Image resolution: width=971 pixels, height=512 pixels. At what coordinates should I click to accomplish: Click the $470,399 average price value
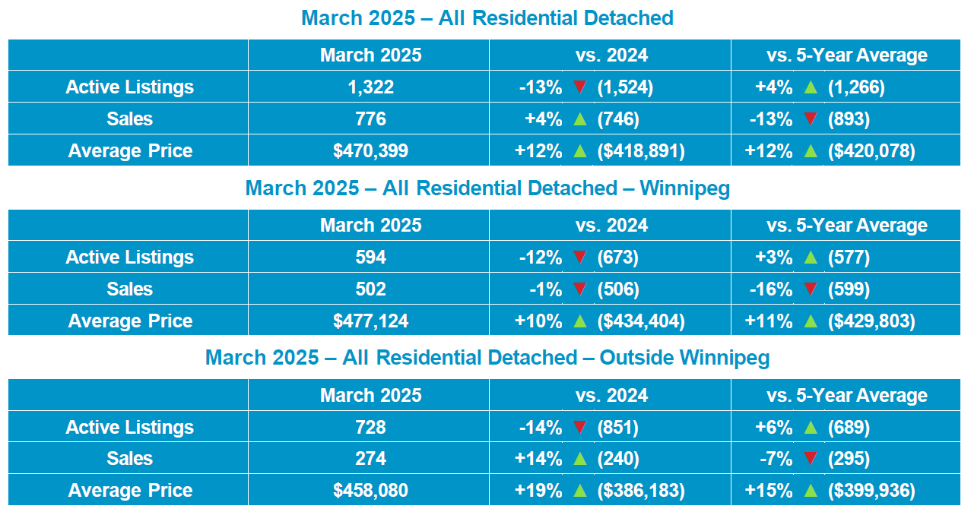click(370, 151)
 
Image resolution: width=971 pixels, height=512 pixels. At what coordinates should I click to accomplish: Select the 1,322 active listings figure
click(370, 87)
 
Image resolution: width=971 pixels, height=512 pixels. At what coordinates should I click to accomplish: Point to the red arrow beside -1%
click(580, 289)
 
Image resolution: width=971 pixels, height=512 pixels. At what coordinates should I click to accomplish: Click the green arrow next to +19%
click(580, 491)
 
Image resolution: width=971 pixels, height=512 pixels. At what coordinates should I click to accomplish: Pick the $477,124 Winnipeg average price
click(370, 321)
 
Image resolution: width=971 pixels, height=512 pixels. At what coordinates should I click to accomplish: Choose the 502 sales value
click(370, 289)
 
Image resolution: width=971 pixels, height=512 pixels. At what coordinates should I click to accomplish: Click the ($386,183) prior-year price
click(641, 491)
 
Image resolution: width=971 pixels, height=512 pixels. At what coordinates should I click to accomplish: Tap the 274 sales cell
click(370, 459)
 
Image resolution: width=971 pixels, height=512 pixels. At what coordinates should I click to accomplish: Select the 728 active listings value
click(370, 427)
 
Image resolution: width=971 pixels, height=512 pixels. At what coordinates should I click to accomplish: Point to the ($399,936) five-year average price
click(871, 491)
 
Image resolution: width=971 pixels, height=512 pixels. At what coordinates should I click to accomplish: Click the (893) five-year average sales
click(849, 119)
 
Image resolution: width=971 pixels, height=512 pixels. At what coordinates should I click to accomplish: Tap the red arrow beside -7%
click(811, 459)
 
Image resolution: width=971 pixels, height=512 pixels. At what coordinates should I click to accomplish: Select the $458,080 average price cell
click(370, 491)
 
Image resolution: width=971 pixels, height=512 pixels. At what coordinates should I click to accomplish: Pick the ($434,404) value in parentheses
click(641, 321)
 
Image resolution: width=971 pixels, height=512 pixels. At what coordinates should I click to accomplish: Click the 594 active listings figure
click(370, 258)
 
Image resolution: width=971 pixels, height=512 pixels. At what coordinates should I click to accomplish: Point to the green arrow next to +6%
click(811, 427)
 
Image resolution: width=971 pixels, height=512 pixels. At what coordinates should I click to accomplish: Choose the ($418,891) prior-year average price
click(641, 151)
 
